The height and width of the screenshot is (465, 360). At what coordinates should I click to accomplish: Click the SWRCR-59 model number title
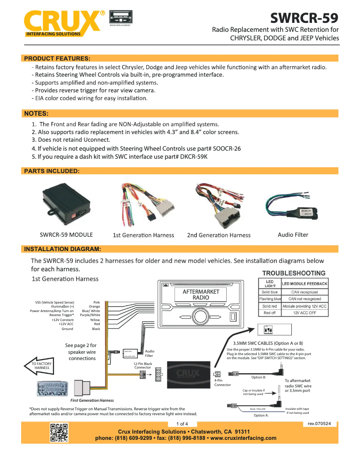(304, 18)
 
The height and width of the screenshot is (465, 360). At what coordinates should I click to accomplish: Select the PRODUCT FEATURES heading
(57, 58)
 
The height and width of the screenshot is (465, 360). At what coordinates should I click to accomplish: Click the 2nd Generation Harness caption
(219, 235)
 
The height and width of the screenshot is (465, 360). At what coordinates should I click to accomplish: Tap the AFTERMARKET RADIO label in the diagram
(201, 295)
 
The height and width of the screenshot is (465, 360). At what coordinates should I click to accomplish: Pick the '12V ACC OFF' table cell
(305, 313)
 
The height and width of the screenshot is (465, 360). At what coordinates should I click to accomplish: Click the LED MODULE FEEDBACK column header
(305, 284)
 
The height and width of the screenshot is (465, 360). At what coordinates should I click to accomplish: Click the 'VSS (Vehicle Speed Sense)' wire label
(55, 303)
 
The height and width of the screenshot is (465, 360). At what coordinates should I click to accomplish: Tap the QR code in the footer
(59, 433)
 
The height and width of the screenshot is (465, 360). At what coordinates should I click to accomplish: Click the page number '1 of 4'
(182, 424)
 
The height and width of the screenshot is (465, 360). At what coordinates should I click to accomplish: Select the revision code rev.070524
(319, 424)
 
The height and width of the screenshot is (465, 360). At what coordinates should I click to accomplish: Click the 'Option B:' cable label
(259, 377)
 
